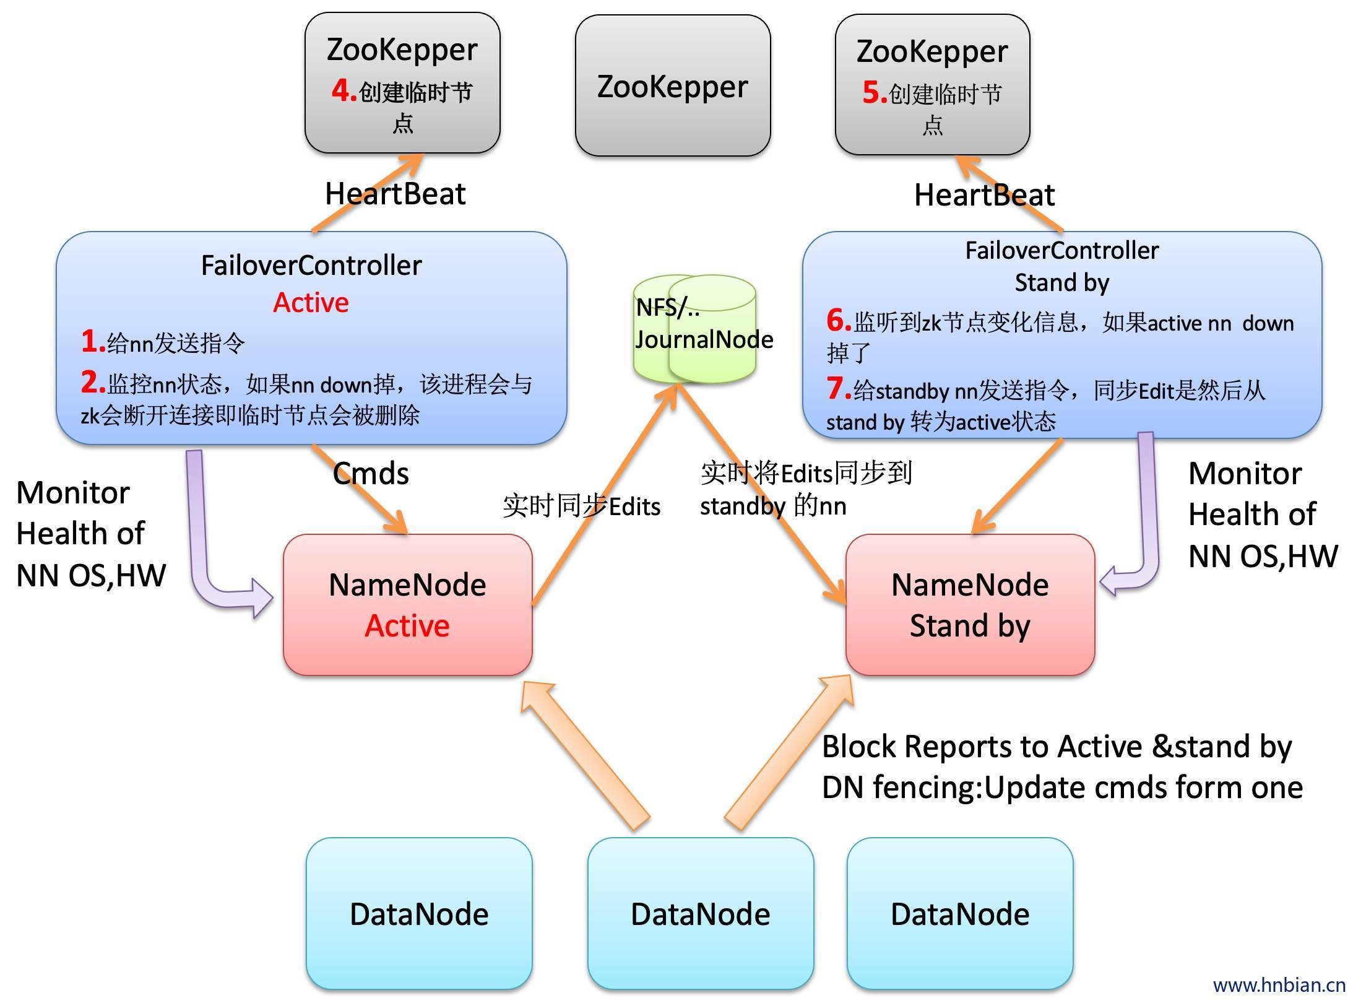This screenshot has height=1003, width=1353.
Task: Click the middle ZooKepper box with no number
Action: click(673, 86)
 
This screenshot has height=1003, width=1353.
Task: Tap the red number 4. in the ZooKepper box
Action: click(344, 91)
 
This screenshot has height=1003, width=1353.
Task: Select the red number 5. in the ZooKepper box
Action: click(874, 93)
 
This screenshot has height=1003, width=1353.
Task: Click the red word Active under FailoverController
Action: click(311, 303)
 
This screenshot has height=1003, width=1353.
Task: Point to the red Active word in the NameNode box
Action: click(407, 626)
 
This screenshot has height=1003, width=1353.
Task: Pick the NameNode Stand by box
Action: click(970, 604)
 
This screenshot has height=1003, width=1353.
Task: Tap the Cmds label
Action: click(371, 474)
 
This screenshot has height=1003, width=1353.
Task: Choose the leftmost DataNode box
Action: click(419, 914)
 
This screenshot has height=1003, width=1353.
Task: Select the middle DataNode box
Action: click(700, 914)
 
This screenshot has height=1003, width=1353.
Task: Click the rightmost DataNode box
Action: click(960, 914)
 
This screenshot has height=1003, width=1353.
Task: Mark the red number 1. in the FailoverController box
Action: click(93, 341)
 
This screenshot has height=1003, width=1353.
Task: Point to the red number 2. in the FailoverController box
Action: click(93, 383)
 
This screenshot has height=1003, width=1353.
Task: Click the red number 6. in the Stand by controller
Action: click(839, 321)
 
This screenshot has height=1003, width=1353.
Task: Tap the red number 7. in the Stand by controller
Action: click(839, 389)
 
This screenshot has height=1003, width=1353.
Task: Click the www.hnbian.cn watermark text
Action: click(1279, 985)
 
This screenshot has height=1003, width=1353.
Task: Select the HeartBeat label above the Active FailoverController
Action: click(395, 194)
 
